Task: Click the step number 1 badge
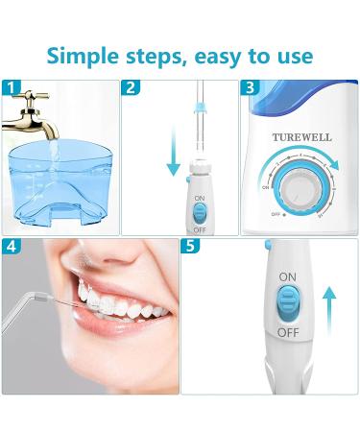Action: point(10,87)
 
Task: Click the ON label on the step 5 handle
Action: point(287,276)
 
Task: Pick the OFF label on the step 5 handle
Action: point(287,331)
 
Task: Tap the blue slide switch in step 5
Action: point(288,303)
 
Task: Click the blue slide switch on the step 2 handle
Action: point(200,212)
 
